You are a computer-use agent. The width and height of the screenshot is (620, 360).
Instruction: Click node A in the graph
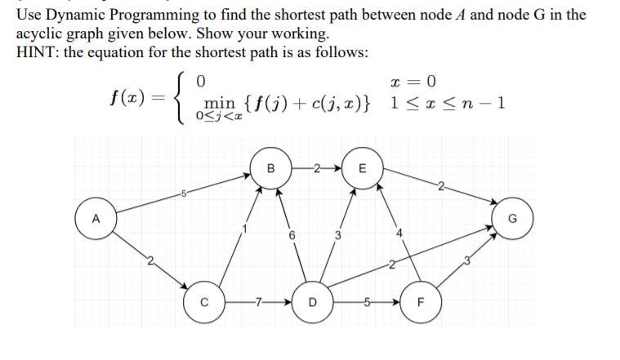coord(96,218)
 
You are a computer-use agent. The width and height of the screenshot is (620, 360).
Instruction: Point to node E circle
coord(363,169)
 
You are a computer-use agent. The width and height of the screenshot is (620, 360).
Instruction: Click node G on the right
coord(513,218)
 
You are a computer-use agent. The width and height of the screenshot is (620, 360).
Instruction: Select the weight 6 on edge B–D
coord(291,236)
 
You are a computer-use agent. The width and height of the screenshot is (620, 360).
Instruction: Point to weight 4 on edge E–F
coord(399,238)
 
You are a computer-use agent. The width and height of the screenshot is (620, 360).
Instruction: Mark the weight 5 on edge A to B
coord(186,193)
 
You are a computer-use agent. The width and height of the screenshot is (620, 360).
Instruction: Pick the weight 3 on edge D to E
coord(337,236)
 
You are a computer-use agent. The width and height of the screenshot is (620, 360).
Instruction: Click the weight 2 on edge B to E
coord(314,169)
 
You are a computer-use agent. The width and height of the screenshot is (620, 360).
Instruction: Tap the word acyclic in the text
coord(38,34)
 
